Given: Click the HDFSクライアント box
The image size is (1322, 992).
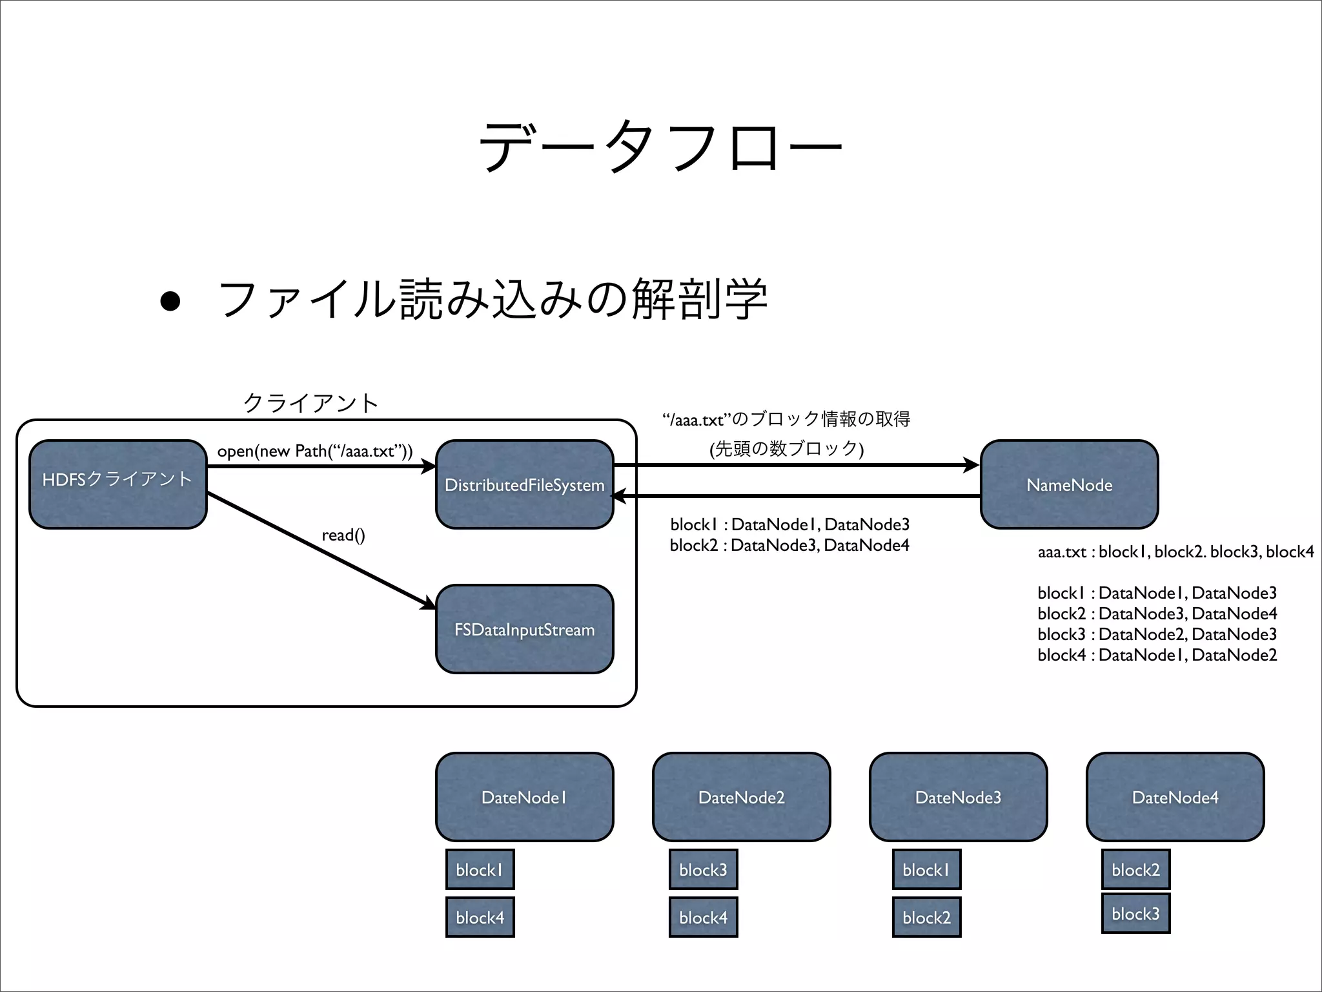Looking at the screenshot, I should pyautogui.click(x=117, y=484).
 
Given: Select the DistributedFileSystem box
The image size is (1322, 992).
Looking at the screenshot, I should pyautogui.click(x=524, y=484).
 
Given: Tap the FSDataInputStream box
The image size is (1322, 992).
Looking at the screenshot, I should pyautogui.click(x=524, y=629).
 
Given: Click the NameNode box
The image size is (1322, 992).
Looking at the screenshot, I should pyautogui.click(x=1069, y=484).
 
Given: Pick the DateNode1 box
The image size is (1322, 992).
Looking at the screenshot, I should pyautogui.click(x=524, y=797).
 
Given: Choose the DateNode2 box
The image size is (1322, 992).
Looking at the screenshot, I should pyautogui.click(x=741, y=797).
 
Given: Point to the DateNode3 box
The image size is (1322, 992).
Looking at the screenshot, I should pyautogui.click(x=958, y=797).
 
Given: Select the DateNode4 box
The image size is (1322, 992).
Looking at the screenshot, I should pyautogui.click(x=1175, y=797).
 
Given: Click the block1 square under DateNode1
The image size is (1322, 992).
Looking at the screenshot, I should pyautogui.click(x=480, y=869).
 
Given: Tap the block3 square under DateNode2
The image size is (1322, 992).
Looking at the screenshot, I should pyautogui.click(x=703, y=869).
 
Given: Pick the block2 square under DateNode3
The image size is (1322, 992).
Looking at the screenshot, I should pyautogui.click(x=926, y=917).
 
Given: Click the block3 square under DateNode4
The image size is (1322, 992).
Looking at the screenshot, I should pyautogui.click(x=1135, y=913).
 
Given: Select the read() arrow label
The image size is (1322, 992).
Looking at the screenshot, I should pyautogui.click(x=343, y=535).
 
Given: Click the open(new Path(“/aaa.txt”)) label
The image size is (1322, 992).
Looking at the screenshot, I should pyautogui.click(x=314, y=451).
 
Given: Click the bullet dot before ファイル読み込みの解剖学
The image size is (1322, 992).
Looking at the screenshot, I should pyautogui.click(x=170, y=301).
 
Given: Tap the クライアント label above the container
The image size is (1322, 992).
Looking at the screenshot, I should pyautogui.click(x=310, y=403).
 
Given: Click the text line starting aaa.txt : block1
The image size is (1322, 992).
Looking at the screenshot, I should pyautogui.click(x=1175, y=552).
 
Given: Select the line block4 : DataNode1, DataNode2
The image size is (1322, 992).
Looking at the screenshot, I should pyautogui.click(x=1157, y=655).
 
